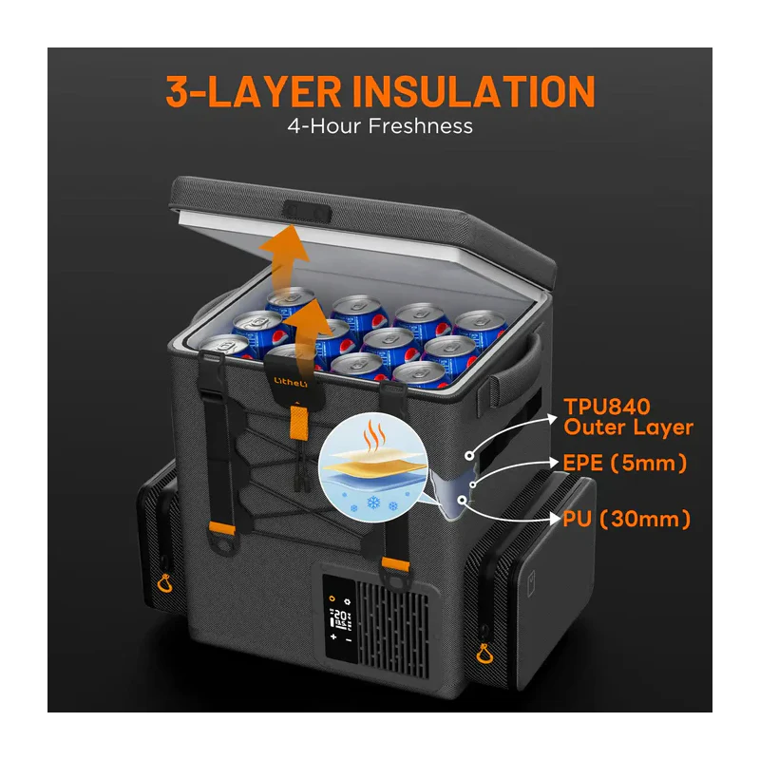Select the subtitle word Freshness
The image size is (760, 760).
coord(420,126)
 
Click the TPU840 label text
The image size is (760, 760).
coord(607,407)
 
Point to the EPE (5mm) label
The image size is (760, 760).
coord(625,463)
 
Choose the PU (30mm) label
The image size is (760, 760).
coord(626,519)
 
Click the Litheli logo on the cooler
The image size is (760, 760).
coord(291,382)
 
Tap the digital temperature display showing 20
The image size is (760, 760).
coord(340,617)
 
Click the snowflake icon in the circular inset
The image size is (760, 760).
coord(373,503)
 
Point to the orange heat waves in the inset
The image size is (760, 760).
coord(374,435)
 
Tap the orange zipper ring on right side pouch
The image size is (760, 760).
coord(484,654)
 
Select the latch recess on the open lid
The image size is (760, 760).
coord(307,212)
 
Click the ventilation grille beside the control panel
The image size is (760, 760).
coord(392,629)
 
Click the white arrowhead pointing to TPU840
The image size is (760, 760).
coord(552,419)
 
